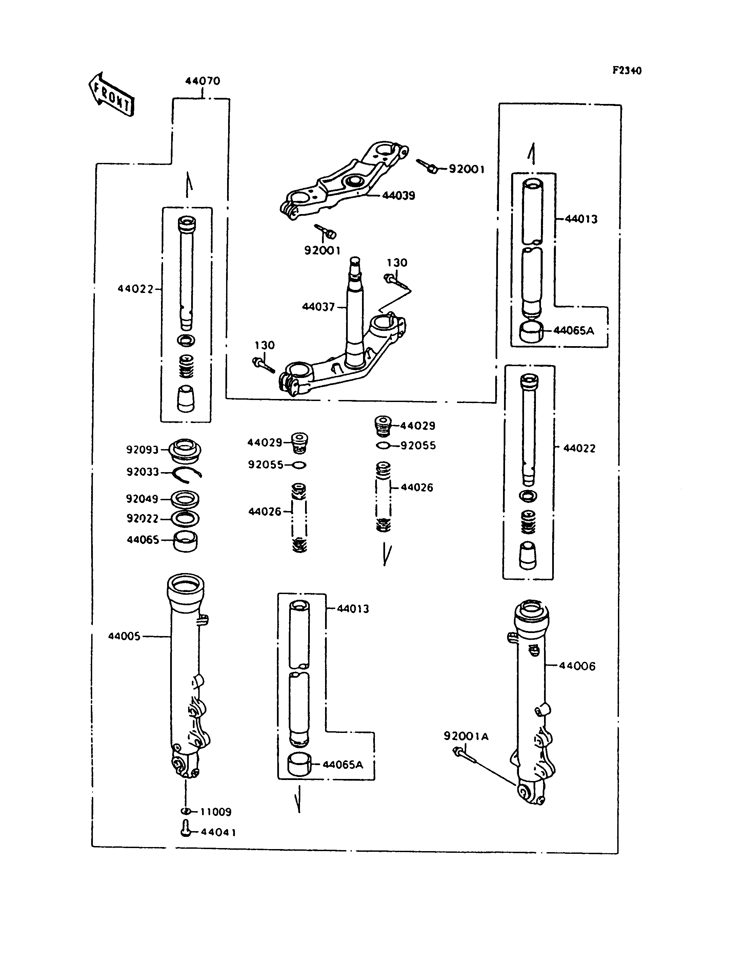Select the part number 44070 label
coord(203,81)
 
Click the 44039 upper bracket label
coord(399,195)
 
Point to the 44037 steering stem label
coord(318,307)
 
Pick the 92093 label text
coord(142,450)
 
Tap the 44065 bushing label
coord(143,540)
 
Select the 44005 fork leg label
coord(124,636)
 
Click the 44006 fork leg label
coord(577,666)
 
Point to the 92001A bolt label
coord(466,736)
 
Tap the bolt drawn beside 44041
coord(186,829)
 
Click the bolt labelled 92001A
coord(464,755)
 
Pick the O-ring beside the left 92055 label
coord(299,465)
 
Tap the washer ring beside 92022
coord(184,519)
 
